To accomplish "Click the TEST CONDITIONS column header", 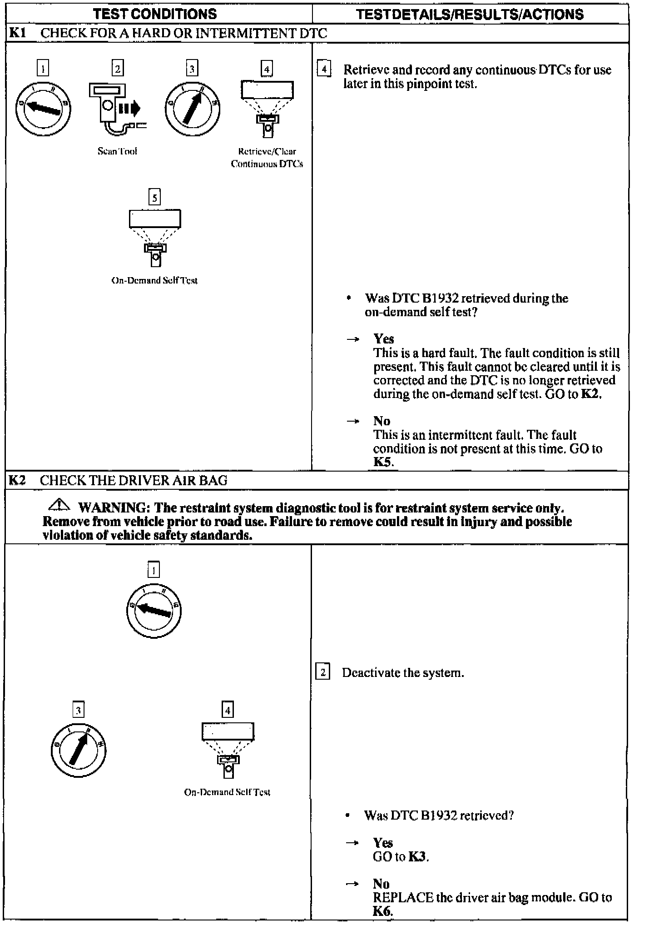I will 155,14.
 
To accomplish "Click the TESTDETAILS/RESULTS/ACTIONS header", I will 470,14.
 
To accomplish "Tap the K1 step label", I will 17,33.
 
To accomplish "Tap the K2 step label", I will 17,480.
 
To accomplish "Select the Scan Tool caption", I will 117,151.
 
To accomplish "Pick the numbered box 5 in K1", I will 155,198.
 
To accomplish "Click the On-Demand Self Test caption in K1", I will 154,280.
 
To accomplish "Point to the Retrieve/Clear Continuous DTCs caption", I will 267,158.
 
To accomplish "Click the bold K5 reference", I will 383,462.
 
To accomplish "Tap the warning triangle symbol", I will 59,505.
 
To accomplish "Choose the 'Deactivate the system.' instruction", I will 403,673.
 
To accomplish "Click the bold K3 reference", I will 418,857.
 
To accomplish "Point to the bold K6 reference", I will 382,911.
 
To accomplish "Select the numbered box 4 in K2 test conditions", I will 228,710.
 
